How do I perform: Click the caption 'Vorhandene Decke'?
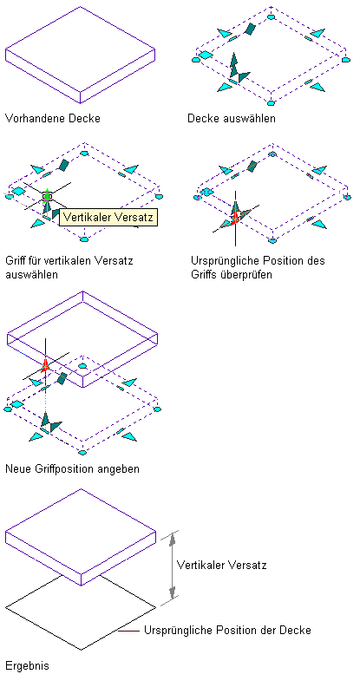pos(53,118)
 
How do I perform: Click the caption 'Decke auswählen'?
pos(232,118)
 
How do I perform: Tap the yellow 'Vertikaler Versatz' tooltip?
pos(108,217)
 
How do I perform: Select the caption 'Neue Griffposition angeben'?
pos(72,468)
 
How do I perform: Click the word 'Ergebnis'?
pos(28,666)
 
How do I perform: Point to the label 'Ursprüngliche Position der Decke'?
pos(227,631)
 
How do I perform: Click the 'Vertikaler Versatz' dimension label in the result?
pos(221,565)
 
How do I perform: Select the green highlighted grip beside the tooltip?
pos(48,196)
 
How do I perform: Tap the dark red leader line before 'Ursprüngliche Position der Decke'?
pos(128,631)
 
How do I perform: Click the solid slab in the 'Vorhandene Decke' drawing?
pos(80,55)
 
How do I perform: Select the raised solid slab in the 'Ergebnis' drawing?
pos(80,536)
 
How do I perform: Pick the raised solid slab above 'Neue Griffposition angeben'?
pos(82,339)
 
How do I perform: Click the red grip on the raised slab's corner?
pos(45,365)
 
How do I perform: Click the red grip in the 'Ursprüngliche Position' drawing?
pos(234,219)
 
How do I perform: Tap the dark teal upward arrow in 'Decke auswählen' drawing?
pos(233,65)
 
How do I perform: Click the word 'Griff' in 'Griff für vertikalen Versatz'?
pos(16,261)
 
